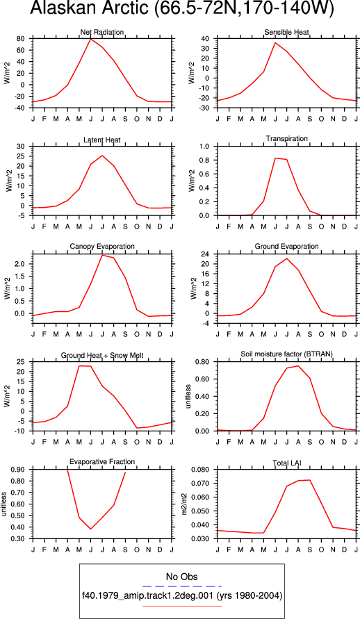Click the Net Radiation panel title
click(x=102, y=32)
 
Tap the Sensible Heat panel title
click(x=287, y=32)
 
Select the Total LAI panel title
click(x=287, y=463)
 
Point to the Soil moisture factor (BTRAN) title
click(x=287, y=354)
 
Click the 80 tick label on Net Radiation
click(x=21, y=39)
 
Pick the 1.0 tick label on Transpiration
click(x=205, y=147)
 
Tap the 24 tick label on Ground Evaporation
click(x=206, y=254)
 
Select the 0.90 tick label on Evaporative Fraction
click(x=19, y=470)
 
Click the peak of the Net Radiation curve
click(x=91, y=39)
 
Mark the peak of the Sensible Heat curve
click(x=275, y=42)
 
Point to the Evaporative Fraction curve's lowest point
click(x=91, y=529)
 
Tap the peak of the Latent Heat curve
click(x=102, y=155)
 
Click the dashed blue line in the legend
click(x=182, y=586)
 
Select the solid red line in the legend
click(x=182, y=606)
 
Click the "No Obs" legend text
click(x=182, y=577)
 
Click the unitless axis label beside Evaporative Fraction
click(x=4, y=504)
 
